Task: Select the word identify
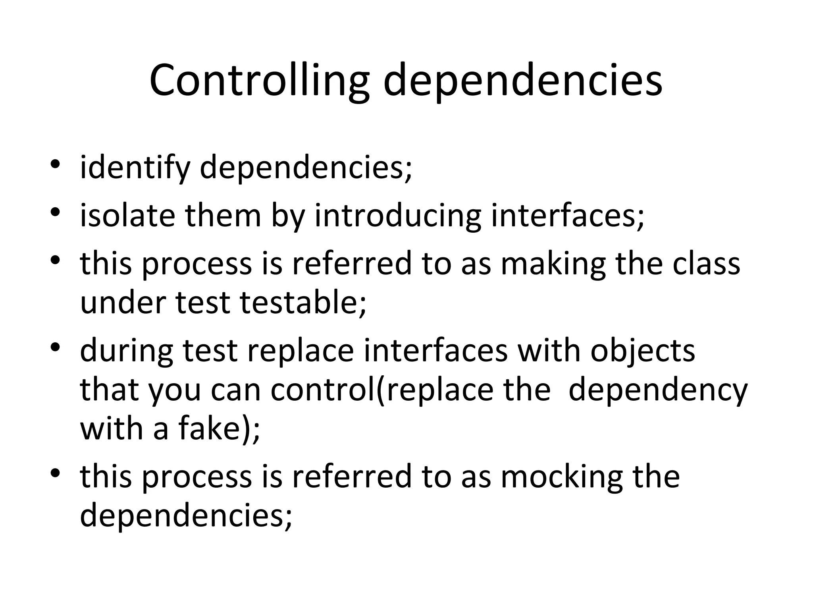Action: (x=135, y=168)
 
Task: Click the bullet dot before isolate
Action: (x=55, y=212)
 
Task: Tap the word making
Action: (x=553, y=264)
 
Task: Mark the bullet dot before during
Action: (x=55, y=347)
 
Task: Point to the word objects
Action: (x=643, y=351)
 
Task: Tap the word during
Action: (x=127, y=351)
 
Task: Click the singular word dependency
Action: (x=658, y=390)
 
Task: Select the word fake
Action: (x=213, y=429)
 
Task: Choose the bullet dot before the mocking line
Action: (x=55, y=473)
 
